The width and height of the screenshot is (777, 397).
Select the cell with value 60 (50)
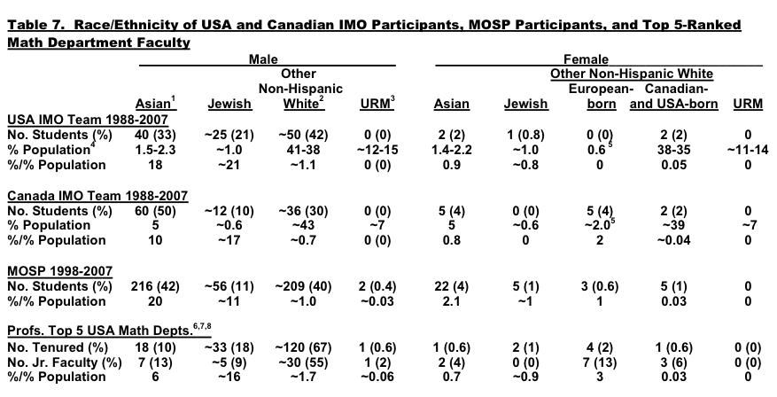point(154,211)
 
